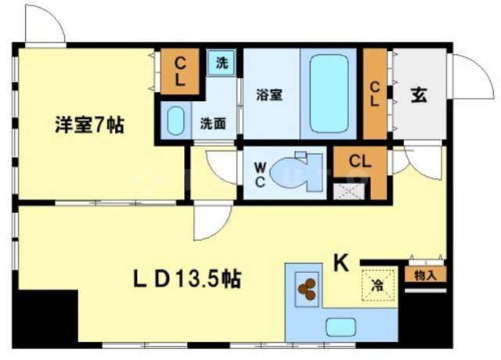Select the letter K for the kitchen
[x=342, y=263]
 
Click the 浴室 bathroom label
[x=269, y=95]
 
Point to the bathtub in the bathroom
[x=329, y=94]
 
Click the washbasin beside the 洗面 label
[x=175, y=122]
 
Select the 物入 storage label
[x=426, y=274]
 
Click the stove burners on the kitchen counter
[x=305, y=287]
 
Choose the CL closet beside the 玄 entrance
[x=375, y=93]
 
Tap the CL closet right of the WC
[x=359, y=162]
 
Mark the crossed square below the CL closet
[x=344, y=189]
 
